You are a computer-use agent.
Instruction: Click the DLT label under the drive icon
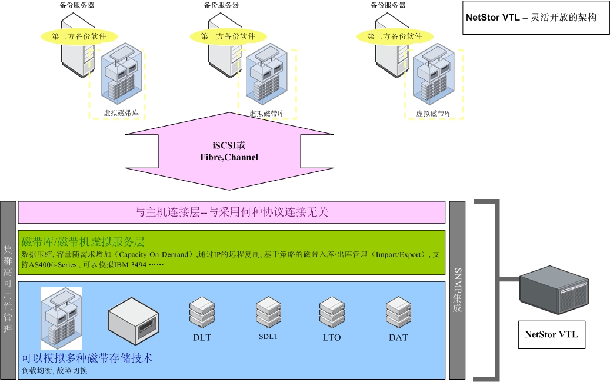(202, 338)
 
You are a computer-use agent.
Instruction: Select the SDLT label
(268, 337)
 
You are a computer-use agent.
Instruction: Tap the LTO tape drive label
(332, 338)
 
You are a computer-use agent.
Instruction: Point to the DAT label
(398, 338)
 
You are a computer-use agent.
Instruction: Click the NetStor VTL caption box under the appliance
(551, 335)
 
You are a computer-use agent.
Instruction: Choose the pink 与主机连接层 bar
(231, 212)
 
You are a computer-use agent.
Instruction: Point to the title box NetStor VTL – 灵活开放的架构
(531, 18)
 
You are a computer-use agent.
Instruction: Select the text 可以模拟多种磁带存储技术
(87, 357)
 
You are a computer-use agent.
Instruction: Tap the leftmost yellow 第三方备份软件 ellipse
(79, 36)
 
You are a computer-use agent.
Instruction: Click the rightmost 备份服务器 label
(388, 5)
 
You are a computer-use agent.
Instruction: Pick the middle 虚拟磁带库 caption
(267, 114)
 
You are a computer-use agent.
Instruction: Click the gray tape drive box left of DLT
(134, 320)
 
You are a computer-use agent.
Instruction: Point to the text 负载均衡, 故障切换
(55, 371)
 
